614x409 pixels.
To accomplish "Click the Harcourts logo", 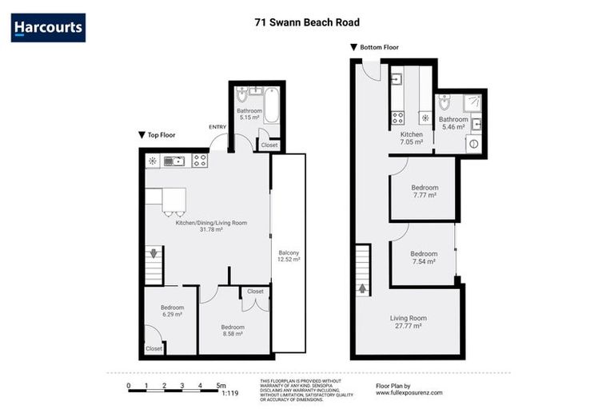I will (48, 28).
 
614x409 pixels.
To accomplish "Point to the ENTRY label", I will (217, 127).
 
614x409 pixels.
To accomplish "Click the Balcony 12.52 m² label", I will (288, 255).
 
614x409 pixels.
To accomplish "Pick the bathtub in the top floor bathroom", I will (272, 105).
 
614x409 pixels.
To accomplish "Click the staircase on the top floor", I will (153, 264).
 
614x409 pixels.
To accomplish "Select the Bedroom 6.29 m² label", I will (171, 311).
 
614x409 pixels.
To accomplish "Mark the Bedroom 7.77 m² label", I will (424, 191).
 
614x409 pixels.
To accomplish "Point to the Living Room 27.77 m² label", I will (408, 322).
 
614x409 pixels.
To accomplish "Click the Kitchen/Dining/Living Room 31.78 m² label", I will (211, 227).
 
